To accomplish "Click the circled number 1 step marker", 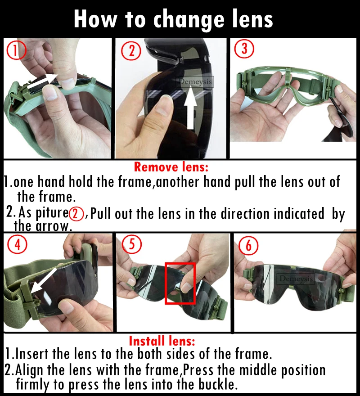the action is [x=16, y=50].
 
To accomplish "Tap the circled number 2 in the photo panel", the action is [x=131, y=51].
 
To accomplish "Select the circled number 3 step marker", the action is [x=244, y=49].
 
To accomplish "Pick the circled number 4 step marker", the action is [x=17, y=244].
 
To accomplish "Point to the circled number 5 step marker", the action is [x=132, y=244].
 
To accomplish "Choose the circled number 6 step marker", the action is [x=248, y=245].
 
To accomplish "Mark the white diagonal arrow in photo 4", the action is [x=44, y=283].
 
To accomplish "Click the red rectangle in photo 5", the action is [x=180, y=283].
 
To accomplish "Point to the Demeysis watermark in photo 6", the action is [x=296, y=279].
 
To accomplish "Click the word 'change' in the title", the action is [x=189, y=20].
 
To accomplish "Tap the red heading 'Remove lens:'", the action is [x=171, y=167].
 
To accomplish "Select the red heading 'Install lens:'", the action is [x=162, y=341].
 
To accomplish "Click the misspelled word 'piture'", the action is [x=51, y=213].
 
